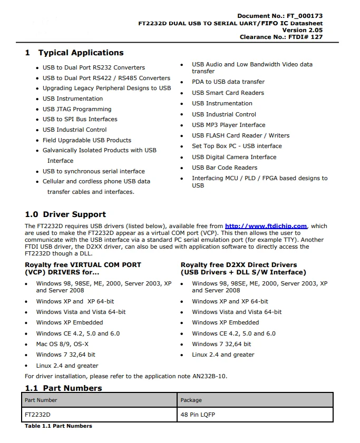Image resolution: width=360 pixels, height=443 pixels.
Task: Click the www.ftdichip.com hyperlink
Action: pyautogui.click(x=266, y=226)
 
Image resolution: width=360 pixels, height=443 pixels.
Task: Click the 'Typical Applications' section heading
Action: pyautogui.click(x=81, y=53)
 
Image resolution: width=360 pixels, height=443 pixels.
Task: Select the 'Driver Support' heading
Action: pyautogui.click(x=74, y=214)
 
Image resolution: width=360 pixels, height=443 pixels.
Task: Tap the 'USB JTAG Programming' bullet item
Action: pyautogui.click(x=77, y=109)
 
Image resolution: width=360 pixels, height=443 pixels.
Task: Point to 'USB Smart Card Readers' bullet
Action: pyautogui.click(x=228, y=93)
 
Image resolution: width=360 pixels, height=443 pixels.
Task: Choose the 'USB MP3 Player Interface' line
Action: pyautogui.click(x=228, y=125)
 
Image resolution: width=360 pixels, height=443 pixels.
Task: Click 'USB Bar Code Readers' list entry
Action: pyautogui.click(x=225, y=168)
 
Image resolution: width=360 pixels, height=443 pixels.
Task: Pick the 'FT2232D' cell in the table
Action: pyautogui.click(x=37, y=415)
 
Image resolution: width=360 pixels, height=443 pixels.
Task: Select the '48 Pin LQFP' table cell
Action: pyautogui.click(x=198, y=415)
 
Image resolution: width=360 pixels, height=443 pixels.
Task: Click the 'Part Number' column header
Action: pyautogui.click(x=41, y=400)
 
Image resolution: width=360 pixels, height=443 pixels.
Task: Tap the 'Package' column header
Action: pyautogui.click(x=191, y=400)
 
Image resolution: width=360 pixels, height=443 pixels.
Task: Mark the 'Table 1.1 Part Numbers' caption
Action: pyautogui.click(x=59, y=426)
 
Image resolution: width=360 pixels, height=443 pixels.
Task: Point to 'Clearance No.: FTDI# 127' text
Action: pyautogui.click(x=281, y=37)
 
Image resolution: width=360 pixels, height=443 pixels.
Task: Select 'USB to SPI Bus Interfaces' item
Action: pyautogui.click(x=80, y=119)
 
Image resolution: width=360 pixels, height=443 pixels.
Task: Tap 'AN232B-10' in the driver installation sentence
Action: pyautogui.click(x=210, y=376)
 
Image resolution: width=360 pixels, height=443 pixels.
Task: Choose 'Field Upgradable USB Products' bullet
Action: pyautogui.click(x=87, y=140)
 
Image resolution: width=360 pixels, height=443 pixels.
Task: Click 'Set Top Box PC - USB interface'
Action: pyautogui.click(x=237, y=146)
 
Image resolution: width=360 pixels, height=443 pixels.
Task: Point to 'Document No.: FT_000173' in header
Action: pyautogui.click(x=280, y=16)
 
